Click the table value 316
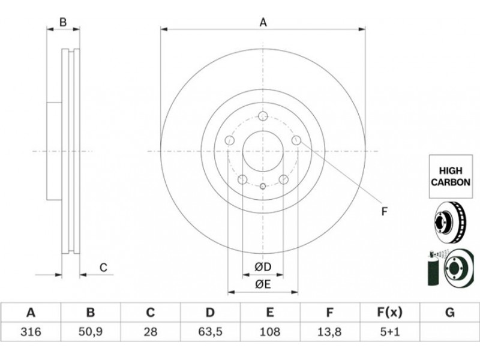coord(31,332)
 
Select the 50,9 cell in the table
coord(91,332)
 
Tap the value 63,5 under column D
coord(210,332)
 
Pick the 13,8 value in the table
coord(329,332)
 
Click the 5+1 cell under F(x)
coord(389,332)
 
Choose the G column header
coord(449,313)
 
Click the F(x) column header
coord(389,313)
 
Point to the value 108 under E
coord(269,332)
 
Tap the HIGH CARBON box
coord(451,176)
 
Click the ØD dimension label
coord(263,267)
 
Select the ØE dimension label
coord(263,284)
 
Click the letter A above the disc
coord(263,22)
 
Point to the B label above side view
coord(63,22)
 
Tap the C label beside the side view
coord(103,268)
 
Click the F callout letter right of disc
coord(385,211)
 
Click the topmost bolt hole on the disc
coord(263,116)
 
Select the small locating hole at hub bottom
coord(263,186)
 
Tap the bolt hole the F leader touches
coord(296,140)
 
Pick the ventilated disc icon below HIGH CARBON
coord(450,222)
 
